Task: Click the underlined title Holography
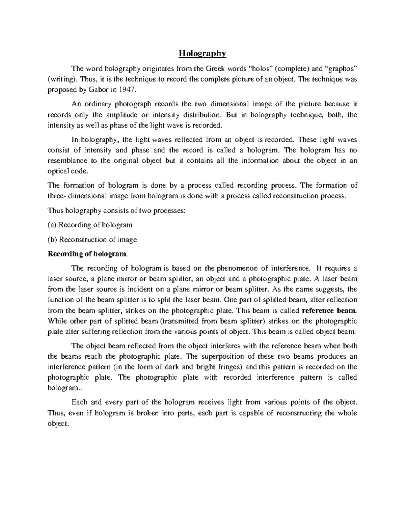pos(202,53)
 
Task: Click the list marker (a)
pos(53,225)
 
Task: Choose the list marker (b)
pos(53,240)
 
